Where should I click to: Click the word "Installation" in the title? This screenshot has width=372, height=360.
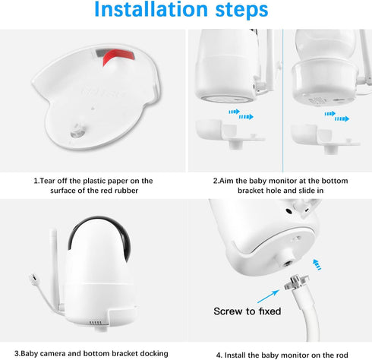tap(151, 9)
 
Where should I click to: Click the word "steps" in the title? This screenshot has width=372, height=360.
tap(241, 11)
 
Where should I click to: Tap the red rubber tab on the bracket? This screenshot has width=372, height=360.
tap(117, 57)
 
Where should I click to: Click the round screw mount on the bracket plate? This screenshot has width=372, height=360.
tap(77, 130)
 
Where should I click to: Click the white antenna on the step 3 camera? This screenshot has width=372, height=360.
tap(54, 268)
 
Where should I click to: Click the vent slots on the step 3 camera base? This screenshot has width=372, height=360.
tap(96, 323)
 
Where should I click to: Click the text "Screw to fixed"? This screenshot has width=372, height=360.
tap(247, 311)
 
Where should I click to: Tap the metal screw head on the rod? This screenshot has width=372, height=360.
tap(296, 283)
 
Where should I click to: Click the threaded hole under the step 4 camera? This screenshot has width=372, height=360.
tap(287, 264)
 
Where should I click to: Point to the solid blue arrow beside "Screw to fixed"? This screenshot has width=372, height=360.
tap(268, 296)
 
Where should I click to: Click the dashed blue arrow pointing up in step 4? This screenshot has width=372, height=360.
tap(317, 264)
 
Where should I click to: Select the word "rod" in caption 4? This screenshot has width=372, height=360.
tap(342, 355)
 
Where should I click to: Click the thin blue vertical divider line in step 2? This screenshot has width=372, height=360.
tap(282, 101)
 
